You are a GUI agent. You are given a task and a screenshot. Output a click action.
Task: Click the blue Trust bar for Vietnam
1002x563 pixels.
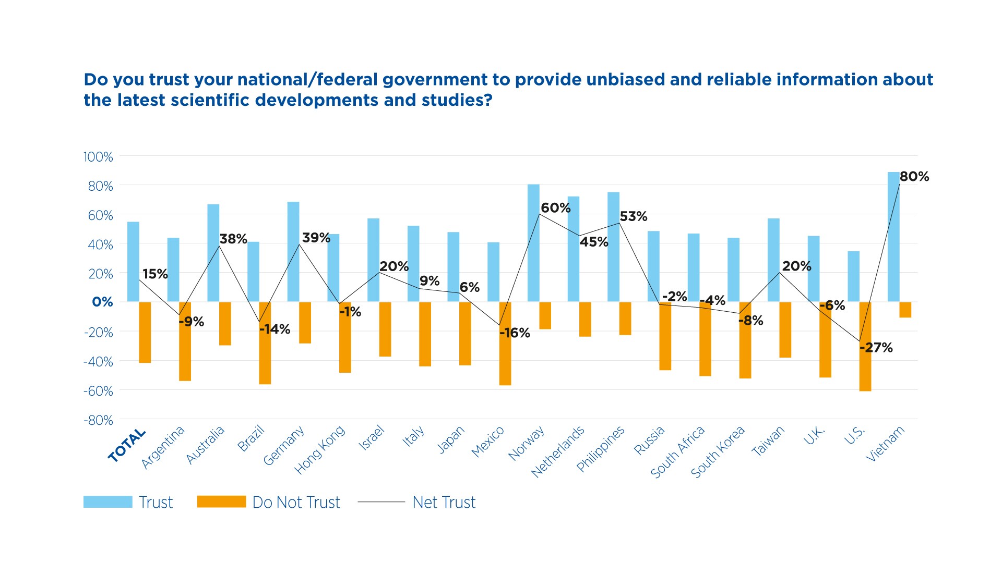[x=893, y=237]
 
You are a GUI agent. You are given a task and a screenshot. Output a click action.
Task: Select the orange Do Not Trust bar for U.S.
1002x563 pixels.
[x=865, y=346]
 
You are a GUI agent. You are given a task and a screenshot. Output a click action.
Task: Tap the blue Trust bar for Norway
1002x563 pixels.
[x=533, y=243]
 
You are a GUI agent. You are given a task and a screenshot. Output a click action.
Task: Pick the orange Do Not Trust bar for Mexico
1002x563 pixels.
[x=505, y=344]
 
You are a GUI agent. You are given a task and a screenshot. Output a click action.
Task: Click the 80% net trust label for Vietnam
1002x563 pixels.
[x=914, y=177]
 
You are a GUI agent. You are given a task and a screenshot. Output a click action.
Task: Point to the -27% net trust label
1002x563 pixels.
[x=876, y=348]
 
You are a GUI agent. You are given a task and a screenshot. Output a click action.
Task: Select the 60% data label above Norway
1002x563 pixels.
[x=555, y=208]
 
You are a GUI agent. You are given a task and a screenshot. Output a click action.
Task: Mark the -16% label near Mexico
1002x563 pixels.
[x=515, y=333]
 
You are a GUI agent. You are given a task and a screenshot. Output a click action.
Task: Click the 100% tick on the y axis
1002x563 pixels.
[x=98, y=157]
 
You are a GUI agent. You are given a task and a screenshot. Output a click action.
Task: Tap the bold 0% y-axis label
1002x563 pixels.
[x=102, y=302]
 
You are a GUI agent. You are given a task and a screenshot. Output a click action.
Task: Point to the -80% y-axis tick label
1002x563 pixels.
[x=98, y=420]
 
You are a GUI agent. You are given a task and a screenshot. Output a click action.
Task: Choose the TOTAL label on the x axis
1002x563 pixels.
[x=127, y=445]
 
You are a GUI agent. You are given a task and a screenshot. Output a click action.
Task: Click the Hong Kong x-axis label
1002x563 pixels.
[x=320, y=449]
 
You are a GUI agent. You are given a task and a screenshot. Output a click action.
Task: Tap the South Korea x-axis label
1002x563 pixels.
[x=718, y=451]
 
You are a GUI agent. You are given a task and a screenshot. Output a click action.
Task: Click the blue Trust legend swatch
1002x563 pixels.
[x=108, y=502]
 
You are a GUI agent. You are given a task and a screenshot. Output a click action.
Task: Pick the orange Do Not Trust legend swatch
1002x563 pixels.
[x=221, y=502]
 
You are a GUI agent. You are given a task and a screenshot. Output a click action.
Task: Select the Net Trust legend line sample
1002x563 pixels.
[x=381, y=502]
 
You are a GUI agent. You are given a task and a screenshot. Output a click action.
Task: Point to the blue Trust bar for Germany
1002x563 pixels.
[x=293, y=252]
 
